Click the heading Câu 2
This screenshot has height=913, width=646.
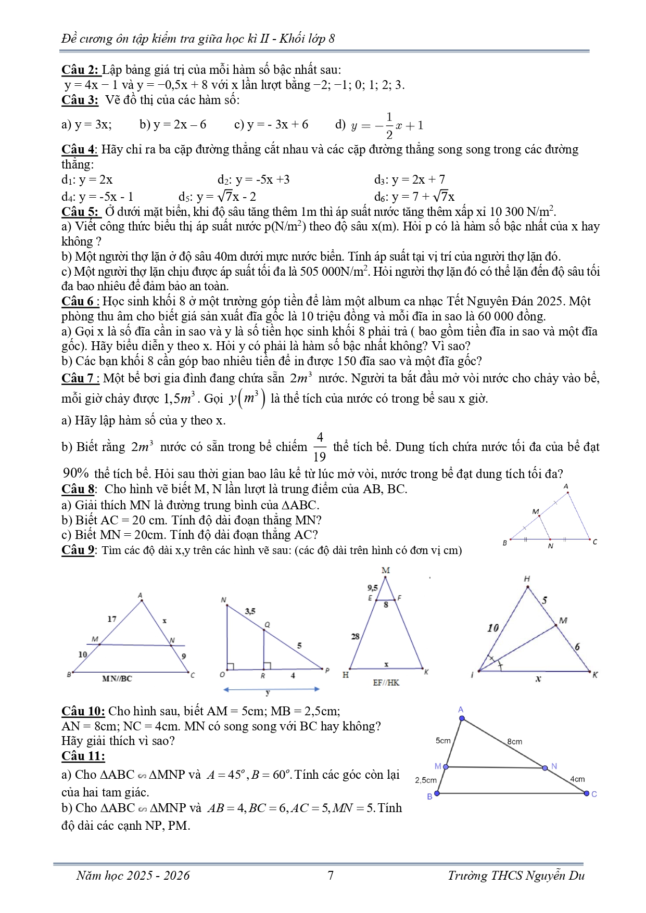pyautogui.click(x=80, y=70)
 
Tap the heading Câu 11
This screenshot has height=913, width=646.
pyautogui.click(x=83, y=756)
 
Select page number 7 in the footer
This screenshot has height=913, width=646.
pyautogui.click(x=331, y=876)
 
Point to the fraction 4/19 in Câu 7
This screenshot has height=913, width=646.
pyautogui.click(x=320, y=447)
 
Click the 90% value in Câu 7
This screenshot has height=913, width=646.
pyautogui.click(x=76, y=473)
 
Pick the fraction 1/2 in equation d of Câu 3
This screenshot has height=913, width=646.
pyautogui.click(x=389, y=125)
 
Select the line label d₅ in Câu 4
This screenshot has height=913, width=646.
pyautogui.click(x=185, y=197)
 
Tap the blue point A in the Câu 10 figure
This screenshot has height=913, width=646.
pyautogui.click(x=462, y=718)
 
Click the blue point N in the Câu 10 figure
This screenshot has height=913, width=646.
pyautogui.click(x=545, y=767)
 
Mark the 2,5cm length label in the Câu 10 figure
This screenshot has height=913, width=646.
pyautogui.click(x=426, y=780)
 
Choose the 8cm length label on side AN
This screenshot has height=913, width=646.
pyautogui.click(x=514, y=741)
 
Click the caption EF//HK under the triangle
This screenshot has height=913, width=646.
pyautogui.click(x=386, y=683)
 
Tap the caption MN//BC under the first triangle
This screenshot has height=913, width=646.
pyautogui.click(x=117, y=678)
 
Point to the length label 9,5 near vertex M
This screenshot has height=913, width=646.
pyautogui.click(x=372, y=588)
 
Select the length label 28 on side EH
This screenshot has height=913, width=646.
pyautogui.click(x=355, y=636)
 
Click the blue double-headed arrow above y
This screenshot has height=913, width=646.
pyautogui.click(x=271, y=689)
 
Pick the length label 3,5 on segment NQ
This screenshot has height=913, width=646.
pyautogui.click(x=250, y=611)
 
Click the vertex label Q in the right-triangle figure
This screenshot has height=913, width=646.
pyautogui.click(x=267, y=624)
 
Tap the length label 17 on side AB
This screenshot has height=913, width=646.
pyautogui.click(x=112, y=619)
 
